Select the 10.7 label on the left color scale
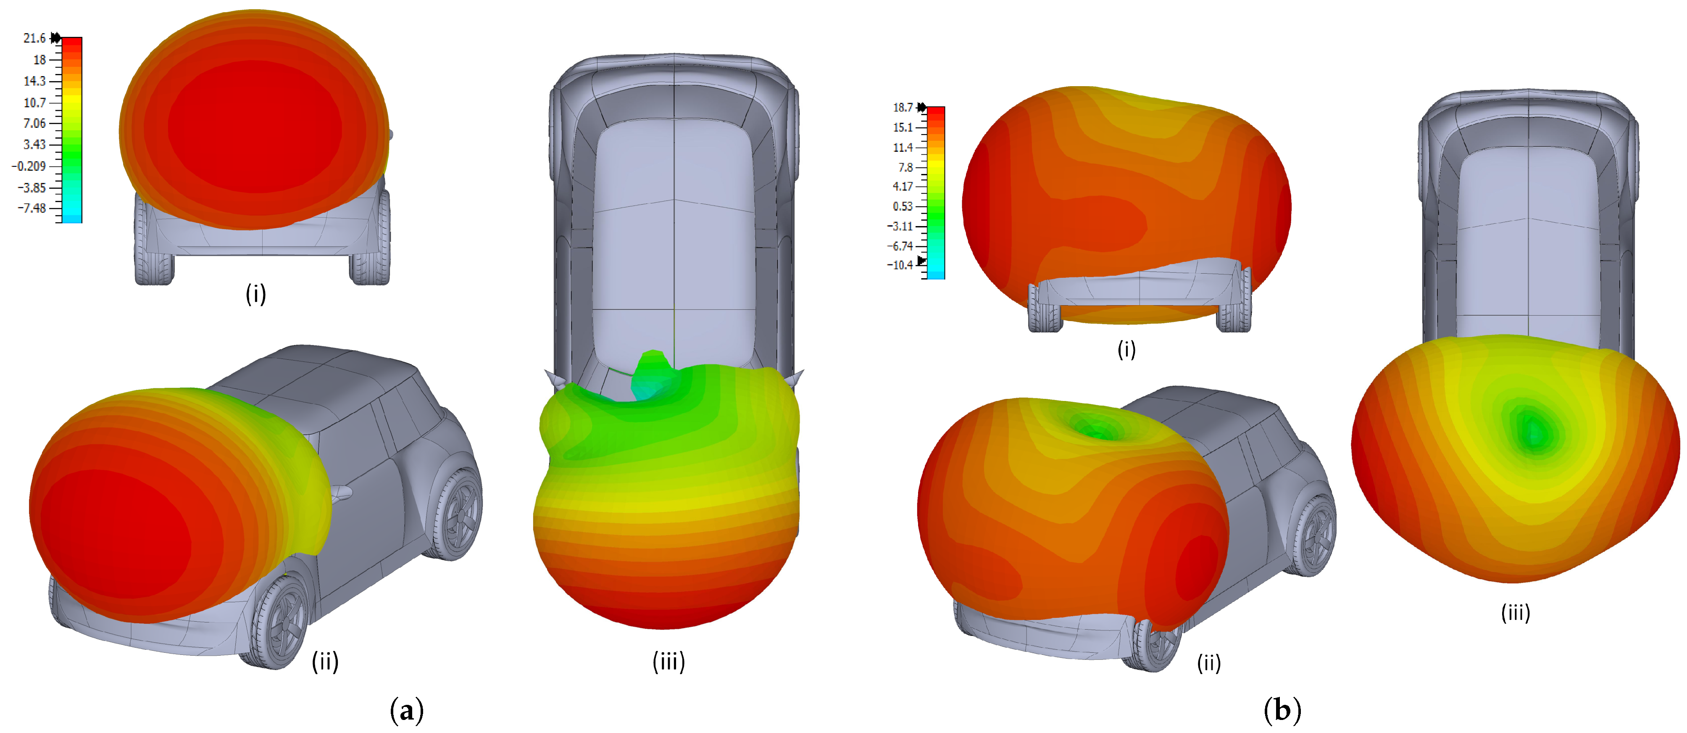pyautogui.click(x=35, y=102)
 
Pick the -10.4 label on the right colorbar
pyautogui.click(x=900, y=265)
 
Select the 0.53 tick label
pyautogui.click(x=903, y=206)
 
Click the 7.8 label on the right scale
pyautogui.click(x=906, y=167)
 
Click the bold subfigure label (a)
pyautogui.click(x=407, y=710)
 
